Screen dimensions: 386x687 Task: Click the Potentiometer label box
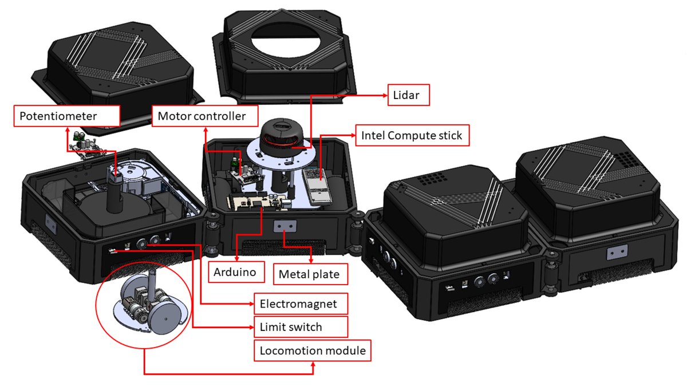66,116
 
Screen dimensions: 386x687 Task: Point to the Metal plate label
309,274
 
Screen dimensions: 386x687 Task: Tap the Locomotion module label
313,350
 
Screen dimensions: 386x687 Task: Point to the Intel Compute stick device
314,184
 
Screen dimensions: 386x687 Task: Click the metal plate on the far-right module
617,251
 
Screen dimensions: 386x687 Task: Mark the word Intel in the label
373,136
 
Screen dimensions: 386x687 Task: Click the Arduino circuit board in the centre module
255,202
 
